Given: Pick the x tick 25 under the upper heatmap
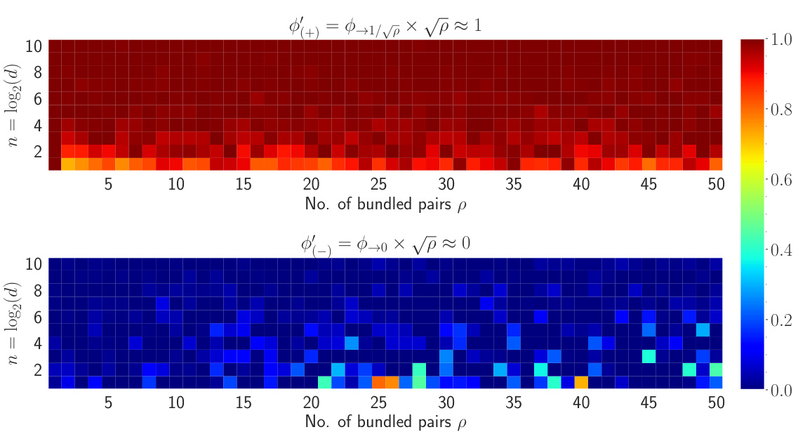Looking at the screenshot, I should pos(378,183).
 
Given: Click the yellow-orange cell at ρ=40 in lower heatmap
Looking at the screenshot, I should pos(581,382).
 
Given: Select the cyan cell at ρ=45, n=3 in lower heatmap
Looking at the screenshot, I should pos(649,356).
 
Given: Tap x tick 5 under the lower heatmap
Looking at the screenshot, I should pos(108,401).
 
